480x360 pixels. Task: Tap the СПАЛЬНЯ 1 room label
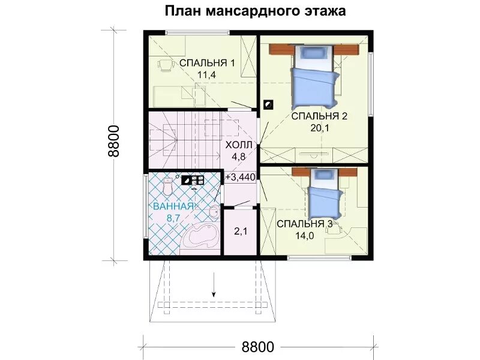click(206, 63)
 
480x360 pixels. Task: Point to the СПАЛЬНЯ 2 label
click(319, 117)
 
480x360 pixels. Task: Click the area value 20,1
click(319, 128)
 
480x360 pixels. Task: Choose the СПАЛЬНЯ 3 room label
click(305, 224)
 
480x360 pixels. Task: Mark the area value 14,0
click(305, 236)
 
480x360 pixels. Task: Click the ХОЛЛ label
click(239, 146)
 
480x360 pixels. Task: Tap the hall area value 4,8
click(239, 157)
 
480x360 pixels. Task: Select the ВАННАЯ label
click(173, 206)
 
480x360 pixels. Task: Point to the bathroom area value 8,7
click(173, 218)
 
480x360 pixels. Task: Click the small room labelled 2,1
click(241, 230)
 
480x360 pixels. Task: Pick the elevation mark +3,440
click(241, 177)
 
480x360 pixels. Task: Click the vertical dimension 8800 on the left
click(115, 141)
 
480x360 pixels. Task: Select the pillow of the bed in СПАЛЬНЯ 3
click(323, 176)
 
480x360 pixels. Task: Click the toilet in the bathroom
click(169, 187)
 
